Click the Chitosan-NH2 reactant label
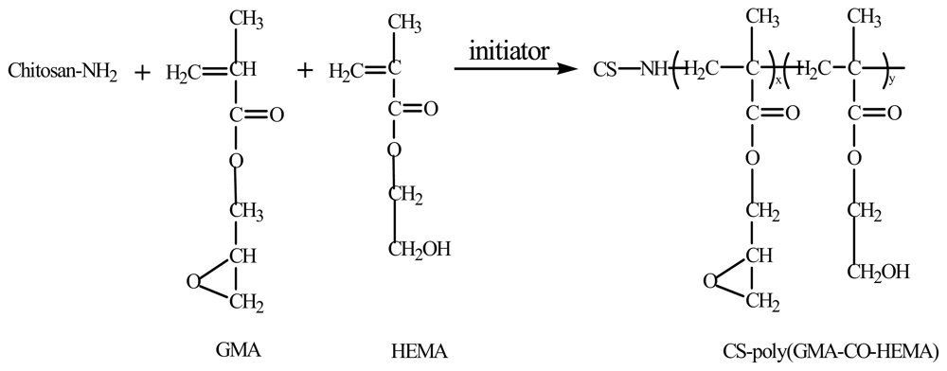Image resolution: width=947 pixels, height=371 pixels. [x=63, y=72]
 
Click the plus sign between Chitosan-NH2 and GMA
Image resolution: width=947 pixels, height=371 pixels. [x=143, y=72]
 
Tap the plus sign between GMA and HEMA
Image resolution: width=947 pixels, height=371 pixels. [x=304, y=71]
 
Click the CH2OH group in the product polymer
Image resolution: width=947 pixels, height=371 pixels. [x=879, y=273]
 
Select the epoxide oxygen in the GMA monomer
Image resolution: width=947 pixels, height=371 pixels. [x=193, y=280]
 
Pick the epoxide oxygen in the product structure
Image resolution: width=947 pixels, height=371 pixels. [x=709, y=280]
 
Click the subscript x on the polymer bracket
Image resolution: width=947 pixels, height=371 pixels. [x=778, y=82]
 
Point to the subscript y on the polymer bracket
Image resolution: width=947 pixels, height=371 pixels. [x=894, y=82]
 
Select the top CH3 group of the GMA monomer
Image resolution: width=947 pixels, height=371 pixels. [x=244, y=20]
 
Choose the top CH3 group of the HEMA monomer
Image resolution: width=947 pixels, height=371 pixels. [x=406, y=20]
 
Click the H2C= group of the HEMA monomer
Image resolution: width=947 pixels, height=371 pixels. [x=348, y=71]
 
